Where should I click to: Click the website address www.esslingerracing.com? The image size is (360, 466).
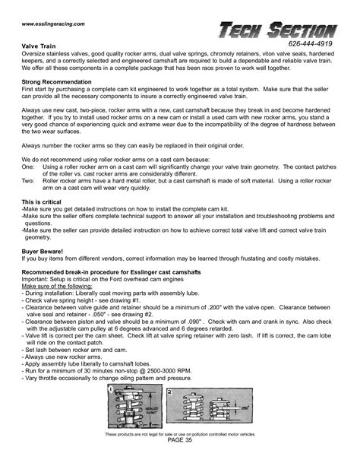coord(52,24)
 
